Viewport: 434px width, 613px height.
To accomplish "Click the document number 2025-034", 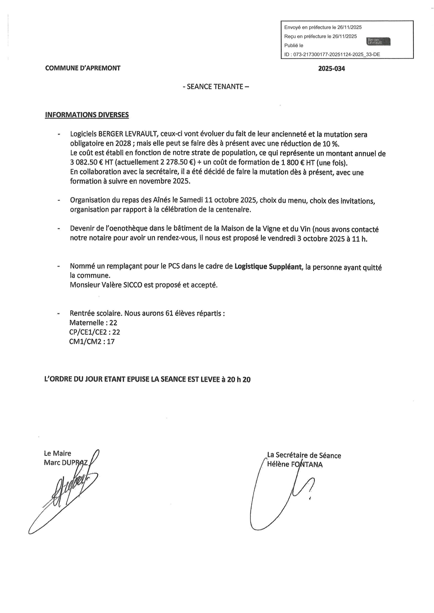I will (x=331, y=69).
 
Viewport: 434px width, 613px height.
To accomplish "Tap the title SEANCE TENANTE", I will (x=216, y=87).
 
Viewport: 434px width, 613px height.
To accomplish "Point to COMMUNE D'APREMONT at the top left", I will (x=83, y=68).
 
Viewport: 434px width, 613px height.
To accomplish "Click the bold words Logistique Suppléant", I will (x=268, y=267).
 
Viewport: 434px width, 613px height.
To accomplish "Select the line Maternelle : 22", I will (x=93, y=323).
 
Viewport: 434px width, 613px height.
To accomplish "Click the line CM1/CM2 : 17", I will (x=92, y=341).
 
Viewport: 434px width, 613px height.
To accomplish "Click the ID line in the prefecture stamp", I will (x=332, y=54).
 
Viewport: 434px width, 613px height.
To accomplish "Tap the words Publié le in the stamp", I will (x=294, y=46).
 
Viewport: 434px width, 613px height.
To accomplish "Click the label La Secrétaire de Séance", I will (x=304, y=455).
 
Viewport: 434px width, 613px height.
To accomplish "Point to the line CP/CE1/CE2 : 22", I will (x=95, y=332).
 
